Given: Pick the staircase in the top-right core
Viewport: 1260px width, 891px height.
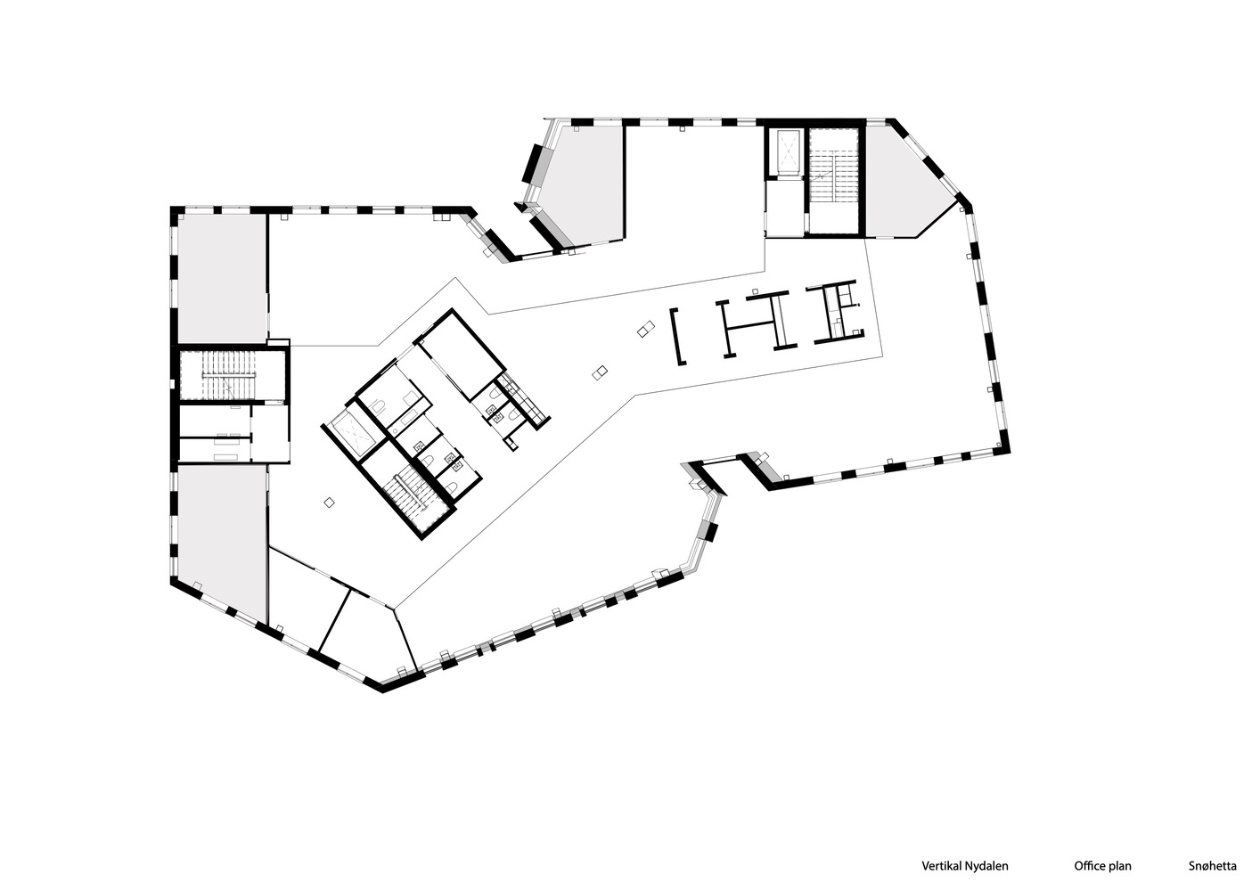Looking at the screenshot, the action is tap(834, 180).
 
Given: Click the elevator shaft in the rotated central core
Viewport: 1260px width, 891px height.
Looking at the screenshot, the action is tap(353, 434).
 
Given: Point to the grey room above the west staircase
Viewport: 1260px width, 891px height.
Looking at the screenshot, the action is tap(223, 277).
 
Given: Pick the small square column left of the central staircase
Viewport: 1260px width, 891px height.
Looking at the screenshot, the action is tap(330, 503).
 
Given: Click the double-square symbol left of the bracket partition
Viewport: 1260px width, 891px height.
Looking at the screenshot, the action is tap(646, 329).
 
